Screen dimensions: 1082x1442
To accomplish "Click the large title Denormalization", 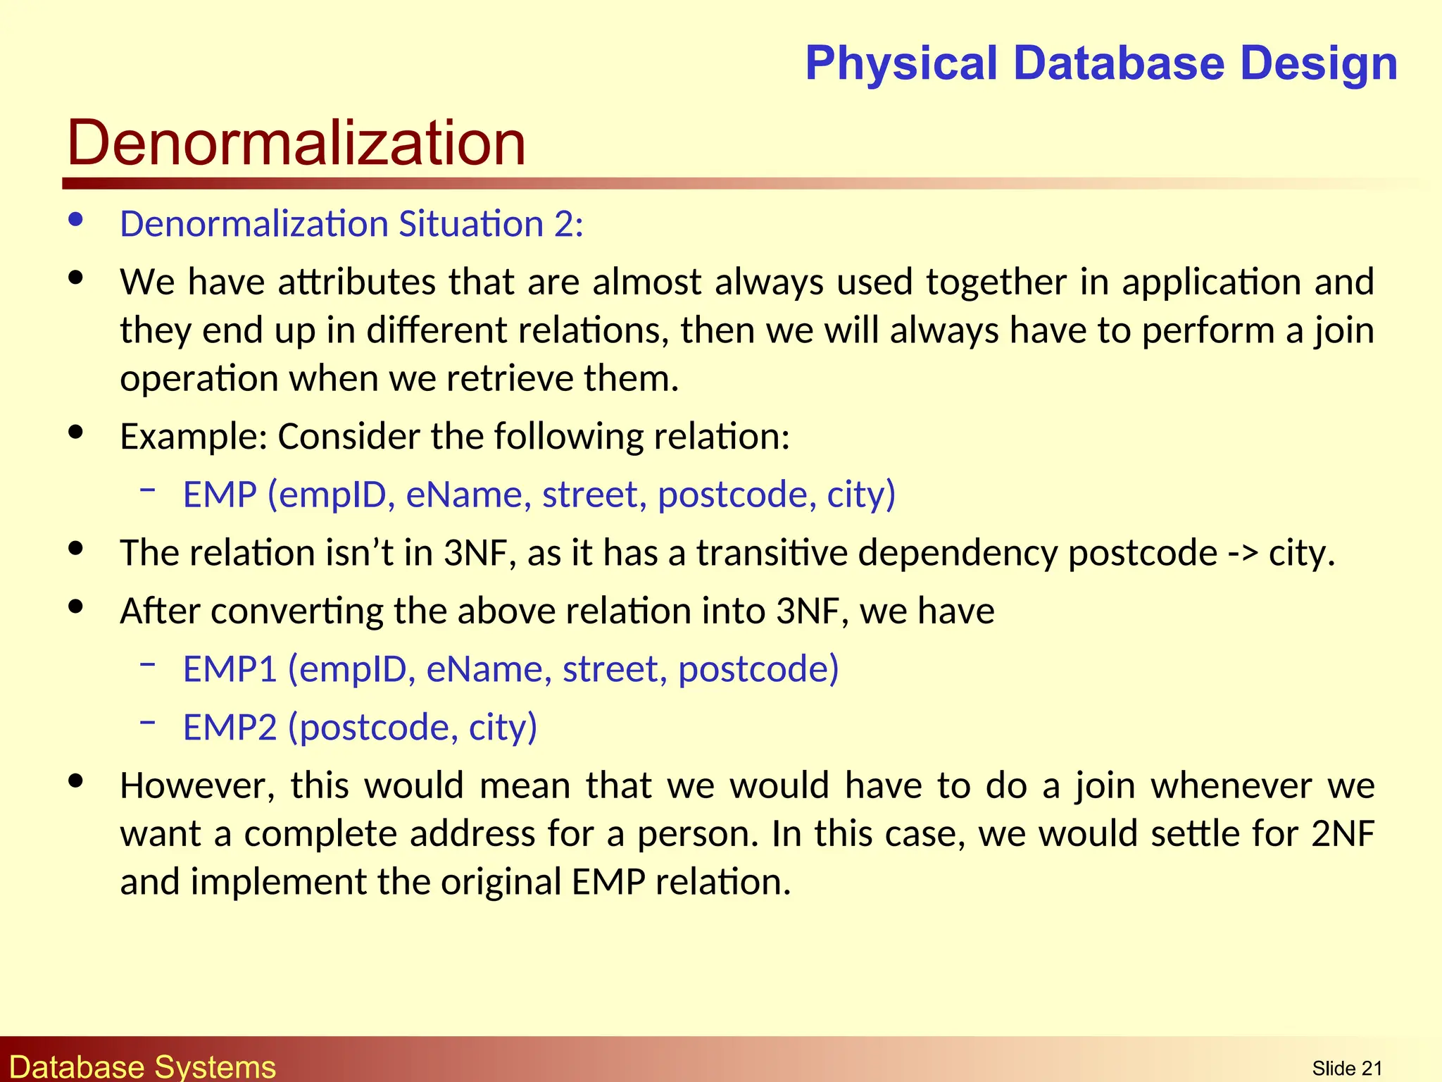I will click(296, 143).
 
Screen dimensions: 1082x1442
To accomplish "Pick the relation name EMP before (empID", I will click(220, 495).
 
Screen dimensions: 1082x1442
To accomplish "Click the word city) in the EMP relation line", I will click(860, 495).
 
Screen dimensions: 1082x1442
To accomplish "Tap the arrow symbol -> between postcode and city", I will click(1243, 553).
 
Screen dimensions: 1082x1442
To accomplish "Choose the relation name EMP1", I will click(230, 669).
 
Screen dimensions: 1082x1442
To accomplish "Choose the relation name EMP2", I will click(230, 727).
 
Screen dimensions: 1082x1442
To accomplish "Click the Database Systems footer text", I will click(142, 1067).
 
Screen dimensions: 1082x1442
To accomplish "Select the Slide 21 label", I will click(1347, 1068).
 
